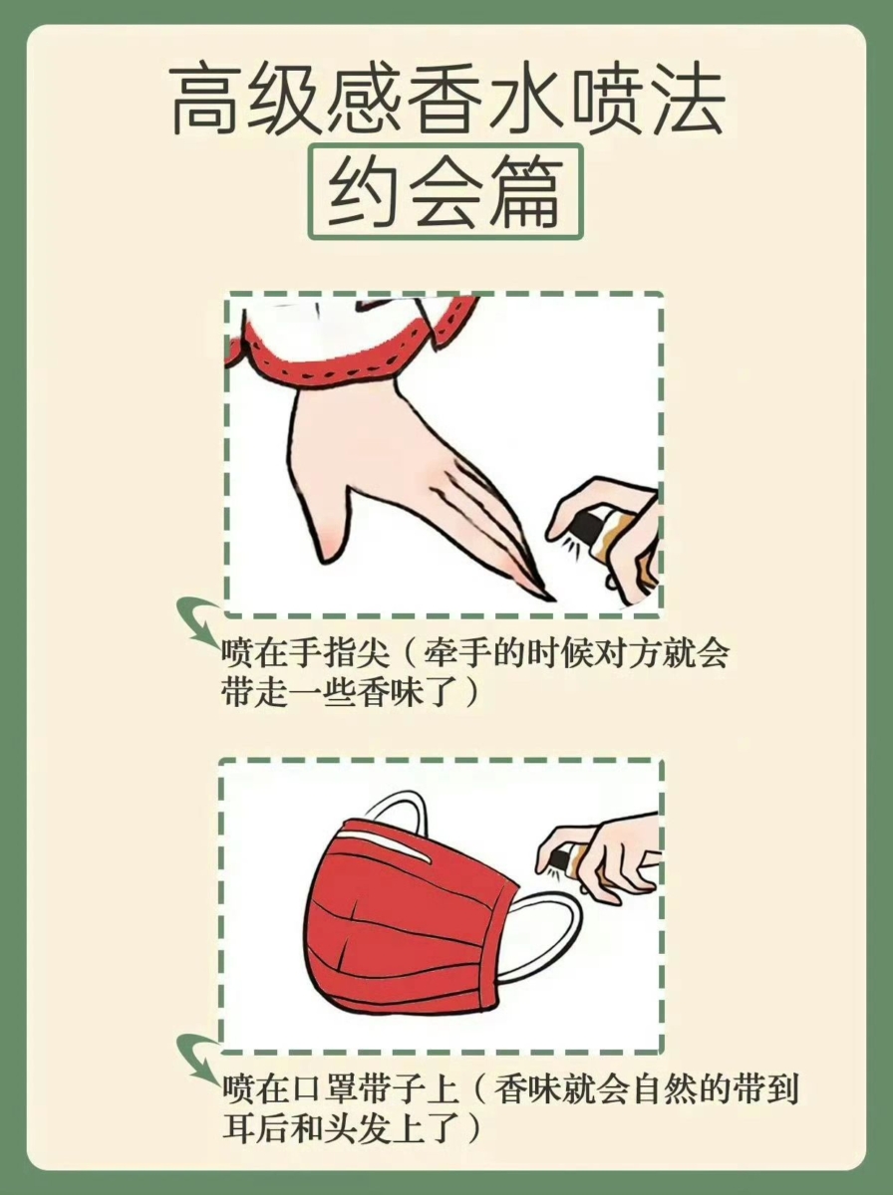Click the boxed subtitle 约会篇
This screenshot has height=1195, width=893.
point(445,192)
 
